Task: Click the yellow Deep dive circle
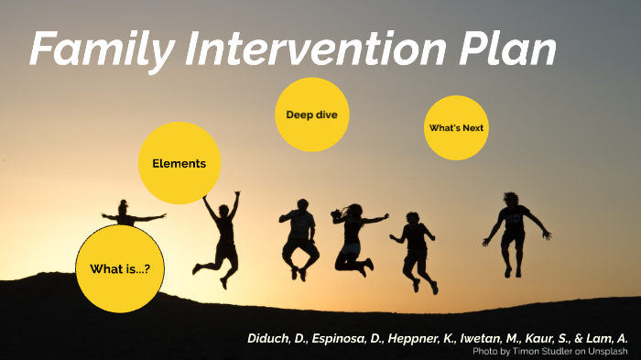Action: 311,115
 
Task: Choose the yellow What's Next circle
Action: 456,127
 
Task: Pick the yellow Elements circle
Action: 179,163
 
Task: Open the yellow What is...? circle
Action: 119,268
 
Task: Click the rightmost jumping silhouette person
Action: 515,229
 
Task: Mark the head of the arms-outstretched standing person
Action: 124,207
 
